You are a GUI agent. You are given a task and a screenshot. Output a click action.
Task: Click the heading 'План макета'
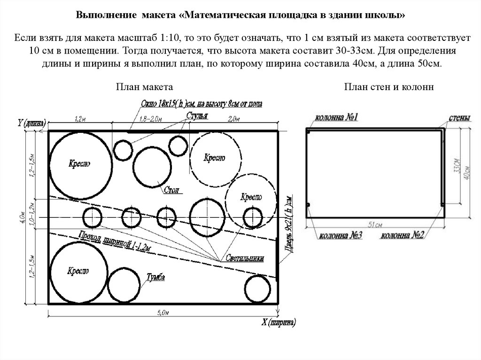point(145,87)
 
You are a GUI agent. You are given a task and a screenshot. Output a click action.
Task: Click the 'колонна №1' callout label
point(336,117)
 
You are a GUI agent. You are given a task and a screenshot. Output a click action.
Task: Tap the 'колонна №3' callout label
point(341,236)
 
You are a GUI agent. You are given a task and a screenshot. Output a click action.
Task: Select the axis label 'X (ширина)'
point(279,323)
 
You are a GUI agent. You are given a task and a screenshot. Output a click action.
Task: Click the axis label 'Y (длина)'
point(31,123)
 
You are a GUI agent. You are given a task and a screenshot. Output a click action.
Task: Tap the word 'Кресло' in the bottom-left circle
point(78,271)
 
